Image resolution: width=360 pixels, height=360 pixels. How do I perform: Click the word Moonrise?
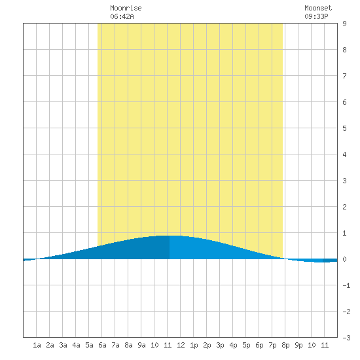pyautogui.click(x=126, y=8)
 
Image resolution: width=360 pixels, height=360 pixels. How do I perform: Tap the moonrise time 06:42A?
pyautogui.click(x=122, y=16)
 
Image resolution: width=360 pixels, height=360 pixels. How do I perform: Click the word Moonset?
pyautogui.click(x=318, y=8)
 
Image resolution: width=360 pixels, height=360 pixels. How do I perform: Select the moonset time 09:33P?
pyautogui.click(x=316, y=16)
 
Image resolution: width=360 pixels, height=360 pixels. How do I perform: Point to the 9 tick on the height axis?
pyautogui.click(x=344, y=24)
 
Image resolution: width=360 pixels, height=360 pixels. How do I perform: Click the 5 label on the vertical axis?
pyautogui.click(x=344, y=128)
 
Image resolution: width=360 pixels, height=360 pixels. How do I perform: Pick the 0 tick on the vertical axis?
pyautogui.click(x=344, y=259)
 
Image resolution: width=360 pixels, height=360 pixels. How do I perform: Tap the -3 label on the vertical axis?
pyautogui.click(x=346, y=338)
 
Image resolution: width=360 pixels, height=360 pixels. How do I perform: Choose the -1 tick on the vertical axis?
pyautogui.click(x=346, y=285)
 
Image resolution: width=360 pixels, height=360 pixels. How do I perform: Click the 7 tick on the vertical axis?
pyautogui.click(x=344, y=76)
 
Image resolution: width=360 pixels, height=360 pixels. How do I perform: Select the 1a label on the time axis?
pyautogui.click(x=37, y=345)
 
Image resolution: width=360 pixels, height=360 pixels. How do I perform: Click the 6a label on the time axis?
pyautogui.click(x=102, y=345)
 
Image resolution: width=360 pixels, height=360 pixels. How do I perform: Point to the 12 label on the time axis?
pyautogui.click(x=181, y=345)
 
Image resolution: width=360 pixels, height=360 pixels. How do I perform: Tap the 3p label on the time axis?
pyautogui.click(x=220, y=345)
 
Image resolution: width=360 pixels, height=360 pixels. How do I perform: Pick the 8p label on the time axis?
pyautogui.click(x=285, y=345)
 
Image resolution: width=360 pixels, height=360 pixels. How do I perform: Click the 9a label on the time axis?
pyautogui.click(x=141, y=345)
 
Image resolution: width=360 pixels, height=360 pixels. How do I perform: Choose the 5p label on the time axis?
pyautogui.click(x=246, y=345)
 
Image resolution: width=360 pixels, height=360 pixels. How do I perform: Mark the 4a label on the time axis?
pyautogui.click(x=76, y=345)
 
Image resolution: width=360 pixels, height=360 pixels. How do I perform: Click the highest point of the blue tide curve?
pyautogui.click(x=170, y=236)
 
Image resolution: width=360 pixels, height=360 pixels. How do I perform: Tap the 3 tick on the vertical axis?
pyautogui.click(x=344, y=181)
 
